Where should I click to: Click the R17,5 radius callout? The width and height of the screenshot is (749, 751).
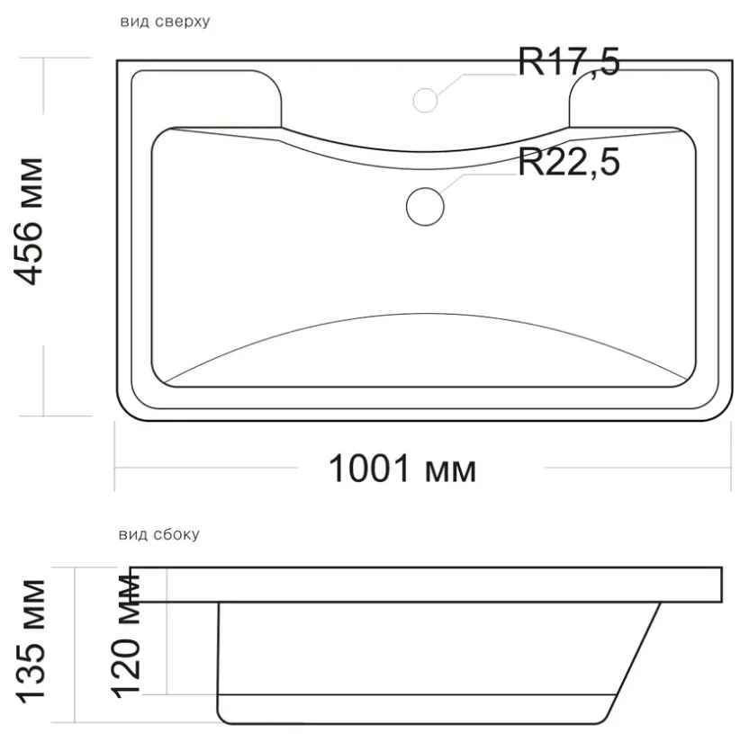click(569, 62)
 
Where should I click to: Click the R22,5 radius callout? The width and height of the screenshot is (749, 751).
click(569, 162)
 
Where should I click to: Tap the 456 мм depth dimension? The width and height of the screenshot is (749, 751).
click(28, 221)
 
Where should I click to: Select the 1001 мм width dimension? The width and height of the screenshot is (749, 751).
click(402, 469)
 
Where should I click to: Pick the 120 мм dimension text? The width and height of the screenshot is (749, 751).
click(126, 637)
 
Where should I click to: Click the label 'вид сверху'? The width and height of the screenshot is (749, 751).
click(165, 22)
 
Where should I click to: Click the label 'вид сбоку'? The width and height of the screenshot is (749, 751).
click(158, 534)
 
